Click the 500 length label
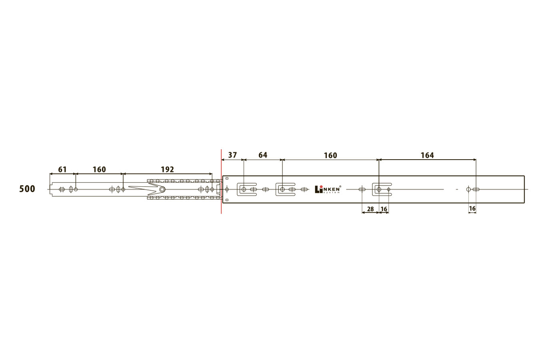[x=27, y=189]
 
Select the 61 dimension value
[x=62, y=170]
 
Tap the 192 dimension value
[x=167, y=170]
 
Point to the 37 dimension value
[x=232, y=155]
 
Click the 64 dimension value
[x=263, y=155]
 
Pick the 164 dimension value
[x=427, y=155]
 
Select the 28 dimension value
[x=370, y=209]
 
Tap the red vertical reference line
[x=221, y=182]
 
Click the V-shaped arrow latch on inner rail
[x=147, y=189]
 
